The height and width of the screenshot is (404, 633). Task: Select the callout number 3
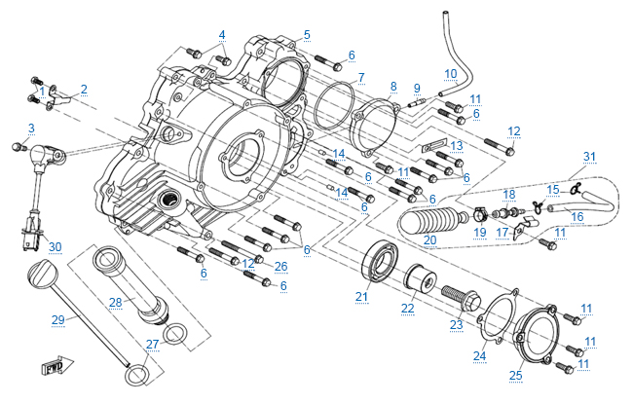coord(31,128)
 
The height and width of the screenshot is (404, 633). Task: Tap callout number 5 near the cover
coord(307,35)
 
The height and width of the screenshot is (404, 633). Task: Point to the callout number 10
coord(450,73)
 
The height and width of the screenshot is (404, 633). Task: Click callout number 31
coord(588,156)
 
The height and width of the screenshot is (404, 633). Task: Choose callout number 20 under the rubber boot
coord(429,239)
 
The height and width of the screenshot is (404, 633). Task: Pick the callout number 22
coord(407,309)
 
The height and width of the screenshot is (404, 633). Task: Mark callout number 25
coord(516,376)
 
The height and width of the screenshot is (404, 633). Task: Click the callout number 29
coord(57,318)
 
